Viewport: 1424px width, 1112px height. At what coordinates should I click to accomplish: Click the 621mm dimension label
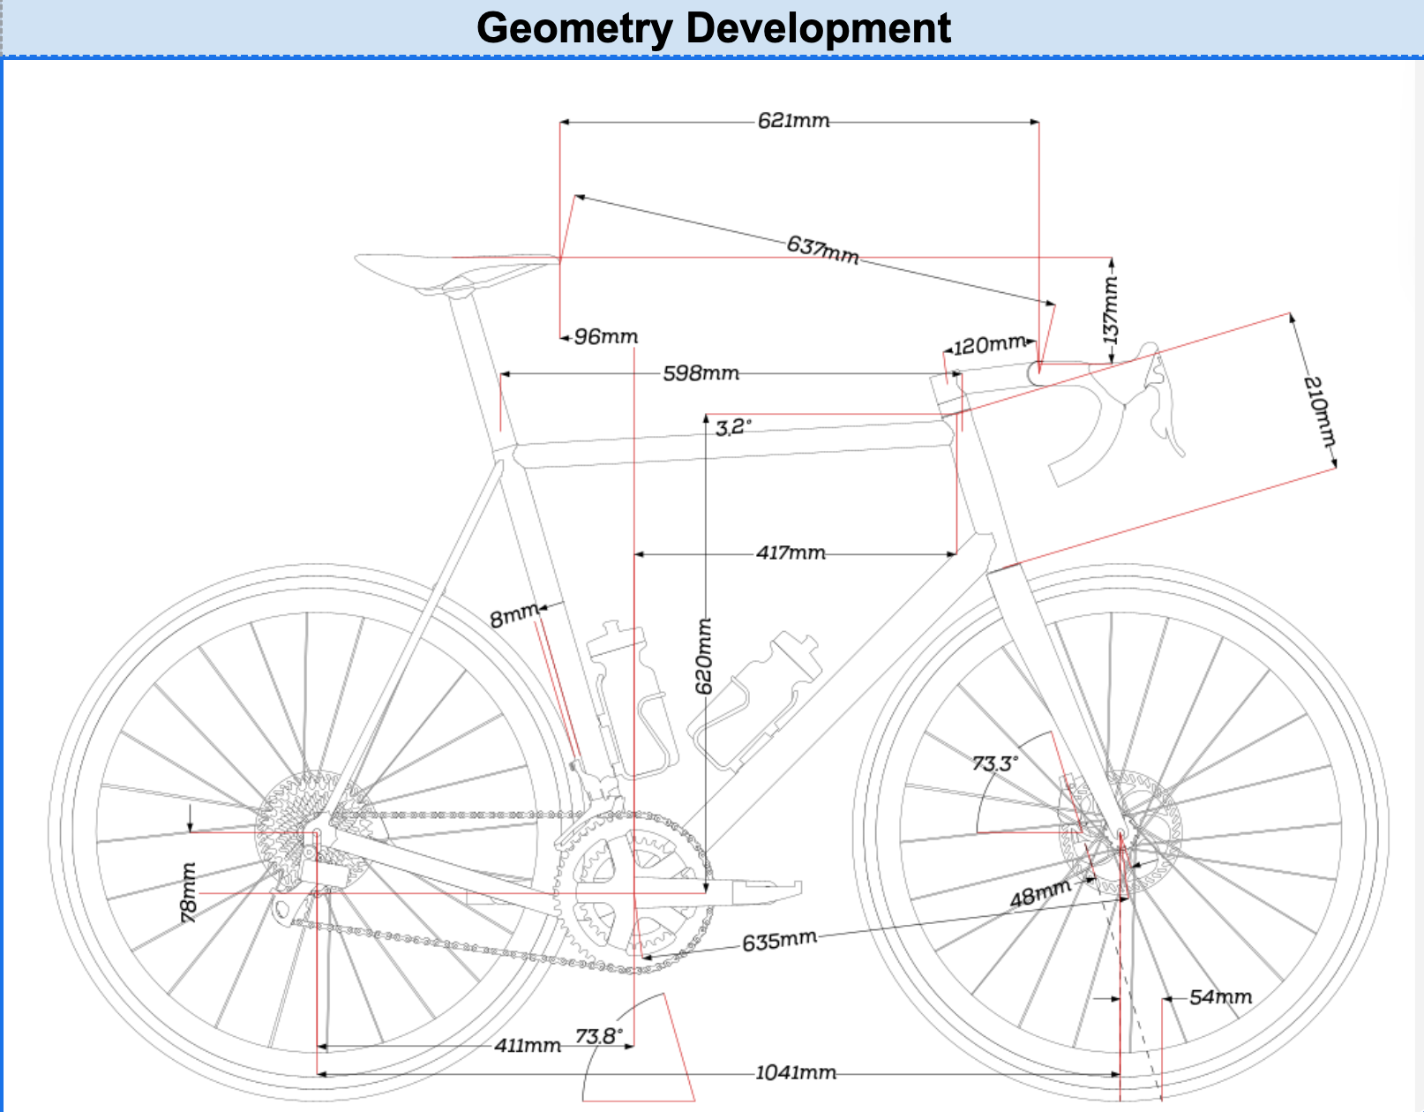793,121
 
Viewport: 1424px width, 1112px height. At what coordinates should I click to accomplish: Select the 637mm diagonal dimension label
822,250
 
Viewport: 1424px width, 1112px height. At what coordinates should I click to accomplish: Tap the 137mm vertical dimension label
1111,310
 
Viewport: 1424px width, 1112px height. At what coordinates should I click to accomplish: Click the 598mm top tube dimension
701,373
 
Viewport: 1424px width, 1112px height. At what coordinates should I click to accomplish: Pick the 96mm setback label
605,337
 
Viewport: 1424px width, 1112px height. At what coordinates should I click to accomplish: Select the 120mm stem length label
990,345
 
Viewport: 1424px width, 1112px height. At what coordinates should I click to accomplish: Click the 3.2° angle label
733,428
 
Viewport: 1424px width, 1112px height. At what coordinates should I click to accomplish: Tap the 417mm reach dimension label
791,553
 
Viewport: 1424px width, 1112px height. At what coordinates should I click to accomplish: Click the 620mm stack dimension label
704,656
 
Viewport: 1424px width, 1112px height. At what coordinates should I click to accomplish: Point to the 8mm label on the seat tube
513,616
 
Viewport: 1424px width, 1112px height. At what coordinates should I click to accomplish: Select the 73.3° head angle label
995,763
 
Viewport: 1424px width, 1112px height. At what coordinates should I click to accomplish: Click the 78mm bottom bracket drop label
189,893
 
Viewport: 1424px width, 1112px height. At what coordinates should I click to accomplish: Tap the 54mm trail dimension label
1220,997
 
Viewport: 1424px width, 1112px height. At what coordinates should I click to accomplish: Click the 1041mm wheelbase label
795,1073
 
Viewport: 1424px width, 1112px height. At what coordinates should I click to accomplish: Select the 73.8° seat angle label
598,1036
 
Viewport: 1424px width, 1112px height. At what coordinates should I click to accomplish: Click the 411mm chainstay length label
527,1046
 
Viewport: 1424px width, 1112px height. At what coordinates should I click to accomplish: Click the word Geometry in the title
574,28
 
